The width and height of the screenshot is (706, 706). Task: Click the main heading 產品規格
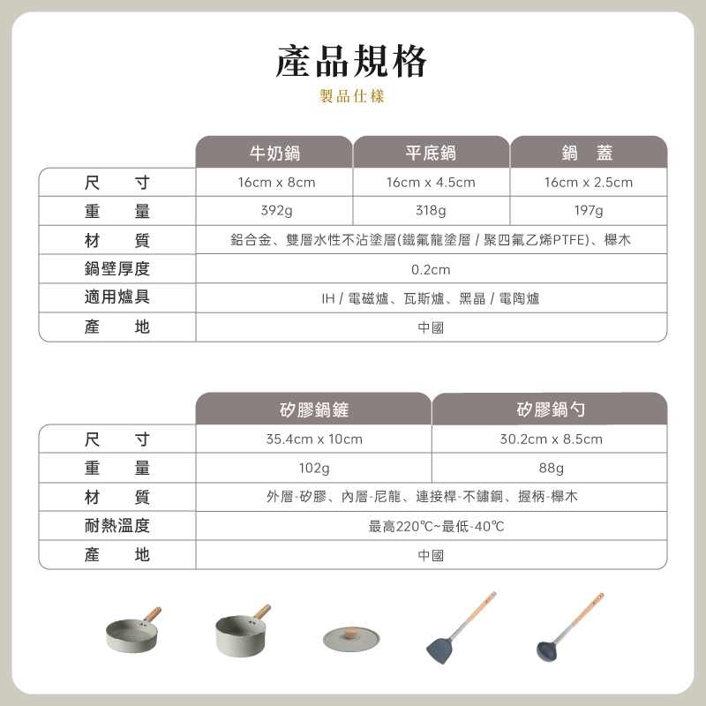pos(351,62)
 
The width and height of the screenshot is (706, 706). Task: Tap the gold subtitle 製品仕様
pos(351,96)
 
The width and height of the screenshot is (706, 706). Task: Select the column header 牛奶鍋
pos(274,153)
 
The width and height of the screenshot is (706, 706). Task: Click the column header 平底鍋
pos(431,153)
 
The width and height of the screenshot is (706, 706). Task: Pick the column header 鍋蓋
pos(588,153)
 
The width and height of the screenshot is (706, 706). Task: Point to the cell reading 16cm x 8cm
pos(276,183)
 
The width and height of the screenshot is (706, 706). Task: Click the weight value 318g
pos(431,210)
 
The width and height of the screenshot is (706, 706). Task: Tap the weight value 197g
pos(589,210)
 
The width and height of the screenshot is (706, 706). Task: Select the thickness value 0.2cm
pos(431,269)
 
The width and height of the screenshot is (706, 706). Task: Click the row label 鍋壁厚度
pos(117,269)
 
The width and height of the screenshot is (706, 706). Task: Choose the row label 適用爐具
pos(117,297)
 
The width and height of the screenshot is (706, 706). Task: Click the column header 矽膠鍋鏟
pos(314,409)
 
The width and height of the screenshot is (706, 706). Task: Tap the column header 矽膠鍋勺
pos(551,409)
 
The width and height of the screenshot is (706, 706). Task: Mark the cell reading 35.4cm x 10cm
pos(314,439)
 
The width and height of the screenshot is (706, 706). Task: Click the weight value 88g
pos(551,469)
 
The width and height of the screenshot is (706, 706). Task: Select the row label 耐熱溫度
pos(117,525)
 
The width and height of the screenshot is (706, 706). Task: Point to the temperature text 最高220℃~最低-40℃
pos(436,526)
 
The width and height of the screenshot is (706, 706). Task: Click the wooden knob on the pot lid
pos(350,634)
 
